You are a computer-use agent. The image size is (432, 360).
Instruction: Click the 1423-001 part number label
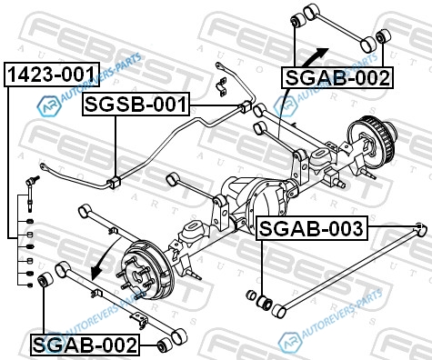[x=52, y=75]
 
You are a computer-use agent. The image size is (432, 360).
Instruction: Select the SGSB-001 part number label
[x=136, y=105]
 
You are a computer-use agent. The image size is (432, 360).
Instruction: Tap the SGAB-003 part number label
[x=312, y=228]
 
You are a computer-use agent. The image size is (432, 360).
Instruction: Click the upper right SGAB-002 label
[x=337, y=77]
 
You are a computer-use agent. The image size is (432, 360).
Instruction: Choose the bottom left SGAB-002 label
[x=85, y=345]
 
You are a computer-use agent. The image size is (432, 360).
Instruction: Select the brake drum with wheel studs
[x=146, y=270]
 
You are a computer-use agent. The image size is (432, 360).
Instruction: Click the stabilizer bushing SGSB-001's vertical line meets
[x=115, y=182]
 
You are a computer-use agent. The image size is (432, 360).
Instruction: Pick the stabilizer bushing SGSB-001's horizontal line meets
[x=246, y=106]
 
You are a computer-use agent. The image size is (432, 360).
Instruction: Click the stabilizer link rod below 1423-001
[x=31, y=194]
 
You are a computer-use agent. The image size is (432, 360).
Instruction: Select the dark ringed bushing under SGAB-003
[x=265, y=303]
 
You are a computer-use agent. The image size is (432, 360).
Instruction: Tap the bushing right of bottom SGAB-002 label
[x=165, y=345]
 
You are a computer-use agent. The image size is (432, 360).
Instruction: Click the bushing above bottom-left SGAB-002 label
[x=45, y=280]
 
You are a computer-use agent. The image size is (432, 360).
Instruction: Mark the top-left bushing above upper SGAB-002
[x=297, y=20]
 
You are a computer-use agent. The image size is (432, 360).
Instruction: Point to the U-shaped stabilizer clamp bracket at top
[x=222, y=86]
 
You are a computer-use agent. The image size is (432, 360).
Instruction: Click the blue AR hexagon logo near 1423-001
[x=47, y=105]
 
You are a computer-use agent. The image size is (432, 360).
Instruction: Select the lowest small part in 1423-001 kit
[x=30, y=285]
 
